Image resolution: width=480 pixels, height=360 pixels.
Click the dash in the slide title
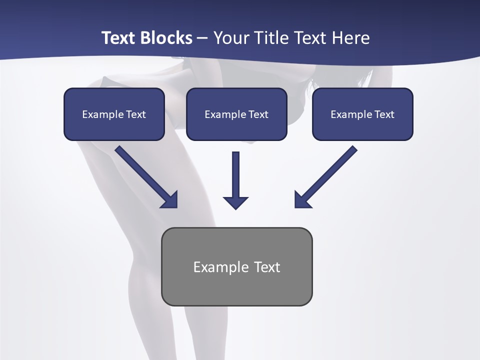tap(202, 38)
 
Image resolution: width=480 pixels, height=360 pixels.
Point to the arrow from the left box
tap(145, 176)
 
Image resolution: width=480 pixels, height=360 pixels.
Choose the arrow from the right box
tap(327, 176)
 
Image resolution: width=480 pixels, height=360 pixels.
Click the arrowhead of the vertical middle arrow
tap(236, 202)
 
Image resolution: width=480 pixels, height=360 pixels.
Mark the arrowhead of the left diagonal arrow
tap(171, 200)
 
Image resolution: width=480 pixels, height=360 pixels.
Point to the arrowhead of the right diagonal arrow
tap(301, 200)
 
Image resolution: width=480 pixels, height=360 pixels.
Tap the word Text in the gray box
tap(267, 267)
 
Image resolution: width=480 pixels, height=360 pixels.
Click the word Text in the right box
tap(384, 114)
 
